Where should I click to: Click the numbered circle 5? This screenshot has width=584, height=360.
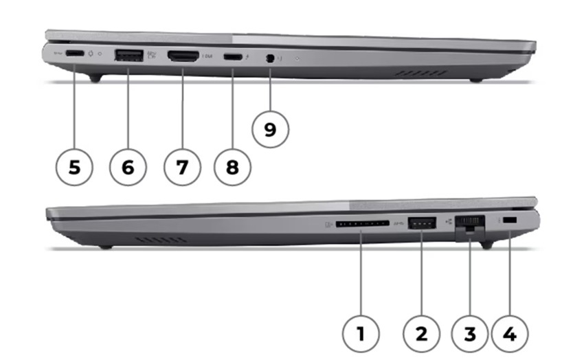point(74,167)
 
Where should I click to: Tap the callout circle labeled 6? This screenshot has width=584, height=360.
point(128,167)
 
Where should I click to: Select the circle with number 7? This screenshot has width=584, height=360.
point(182,167)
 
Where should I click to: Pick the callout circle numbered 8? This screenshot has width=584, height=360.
point(232,167)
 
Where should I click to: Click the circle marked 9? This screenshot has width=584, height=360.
point(270,129)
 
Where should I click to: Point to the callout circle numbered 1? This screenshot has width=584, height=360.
point(360,335)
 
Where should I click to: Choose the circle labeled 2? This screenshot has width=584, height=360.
point(420,335)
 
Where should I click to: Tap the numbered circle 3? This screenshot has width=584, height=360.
point(470,335)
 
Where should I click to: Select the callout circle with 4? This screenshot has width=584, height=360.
point(509,335)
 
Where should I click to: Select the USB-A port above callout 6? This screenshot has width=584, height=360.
point(128,56)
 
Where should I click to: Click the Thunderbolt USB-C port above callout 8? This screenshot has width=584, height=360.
point(234,58)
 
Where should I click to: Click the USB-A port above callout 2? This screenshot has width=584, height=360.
point(421,223)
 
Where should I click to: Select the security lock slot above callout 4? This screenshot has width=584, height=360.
point(508,220)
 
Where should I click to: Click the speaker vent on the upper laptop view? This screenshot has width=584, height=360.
point(420,72)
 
